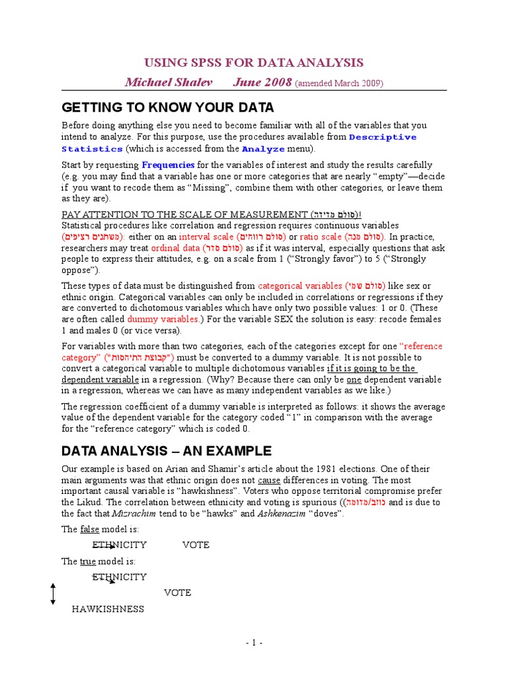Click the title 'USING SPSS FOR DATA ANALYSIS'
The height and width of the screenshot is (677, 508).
(x=254, y=63)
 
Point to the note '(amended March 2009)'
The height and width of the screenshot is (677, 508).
(x=319, y=83)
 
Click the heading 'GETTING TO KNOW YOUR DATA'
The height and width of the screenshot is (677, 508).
(x=167, y=108)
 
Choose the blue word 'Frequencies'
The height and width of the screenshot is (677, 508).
(x=168, y=165)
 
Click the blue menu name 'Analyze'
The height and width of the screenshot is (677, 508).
(x=263, y=149)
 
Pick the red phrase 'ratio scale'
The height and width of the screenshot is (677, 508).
(x=321, y=237)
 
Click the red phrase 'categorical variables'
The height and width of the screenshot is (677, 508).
(x=300, y=286)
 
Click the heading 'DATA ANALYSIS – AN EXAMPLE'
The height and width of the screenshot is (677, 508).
(x=166, y=452)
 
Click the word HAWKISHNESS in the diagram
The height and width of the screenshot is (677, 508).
(x=108, y=609)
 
